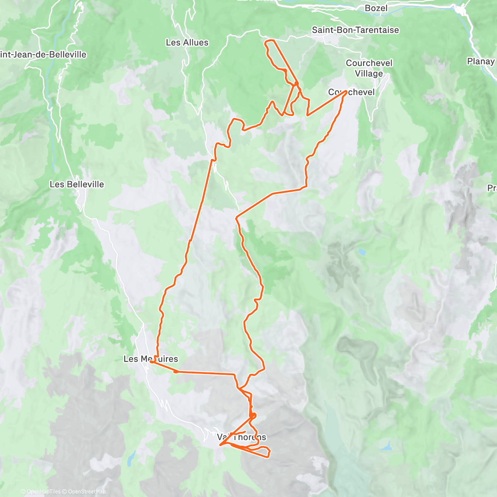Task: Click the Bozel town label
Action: pos(376,8)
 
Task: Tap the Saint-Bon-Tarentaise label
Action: pos(355,30)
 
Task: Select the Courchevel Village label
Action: pos(369,68)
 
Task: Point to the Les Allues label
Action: pos(187,42)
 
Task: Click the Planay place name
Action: pos(480,61)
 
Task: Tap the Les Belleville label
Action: pos(77,184)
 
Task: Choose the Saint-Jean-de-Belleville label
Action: pos(43,55)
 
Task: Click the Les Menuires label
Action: pos(151,359)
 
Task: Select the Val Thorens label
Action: pos(241,437)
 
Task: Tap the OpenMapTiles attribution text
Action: pos(43,492)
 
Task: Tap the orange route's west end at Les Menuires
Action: pos(151,362)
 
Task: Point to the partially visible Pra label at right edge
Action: pos(492,188)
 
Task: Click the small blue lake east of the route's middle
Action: pos(362,251)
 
